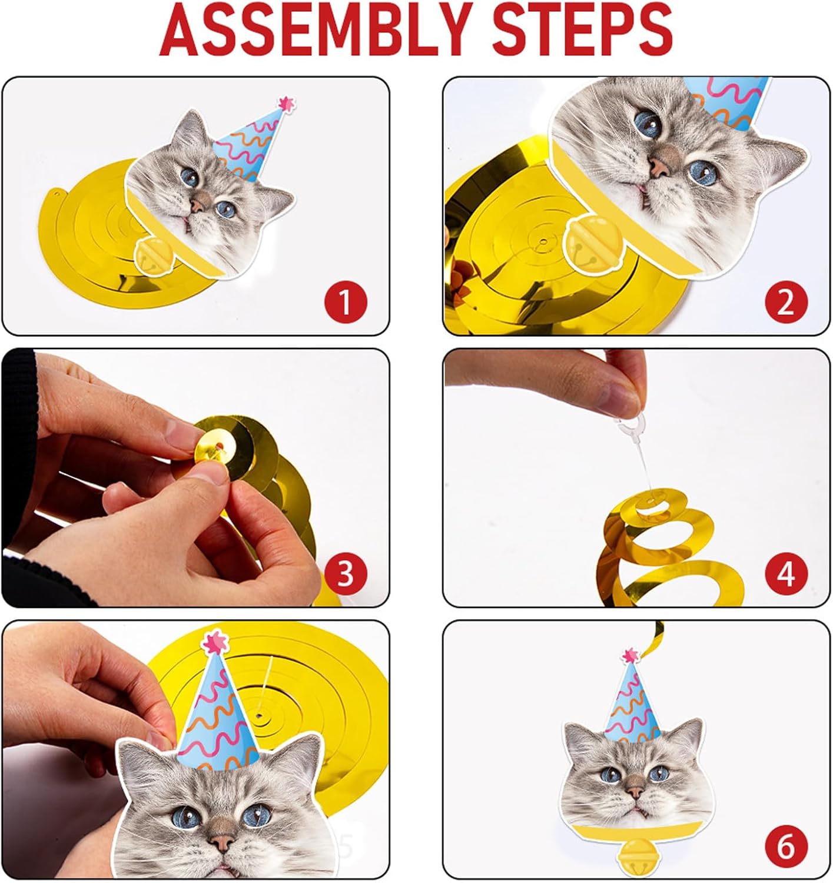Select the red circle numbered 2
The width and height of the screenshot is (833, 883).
click(x=786, y=302)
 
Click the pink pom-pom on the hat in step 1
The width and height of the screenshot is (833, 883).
click(x=287, y=103)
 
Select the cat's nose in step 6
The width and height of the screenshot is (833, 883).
click(x=635, y=789)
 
